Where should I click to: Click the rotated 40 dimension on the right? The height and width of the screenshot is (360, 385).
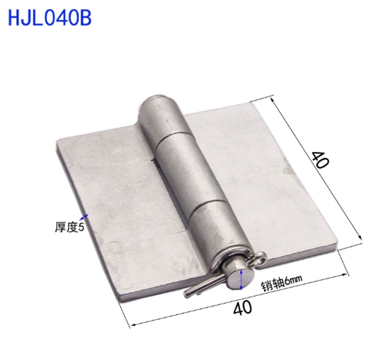pos(320,159)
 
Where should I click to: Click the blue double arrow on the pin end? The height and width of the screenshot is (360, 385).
pos(242,280)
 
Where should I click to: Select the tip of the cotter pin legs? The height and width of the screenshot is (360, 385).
pos(188,293)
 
